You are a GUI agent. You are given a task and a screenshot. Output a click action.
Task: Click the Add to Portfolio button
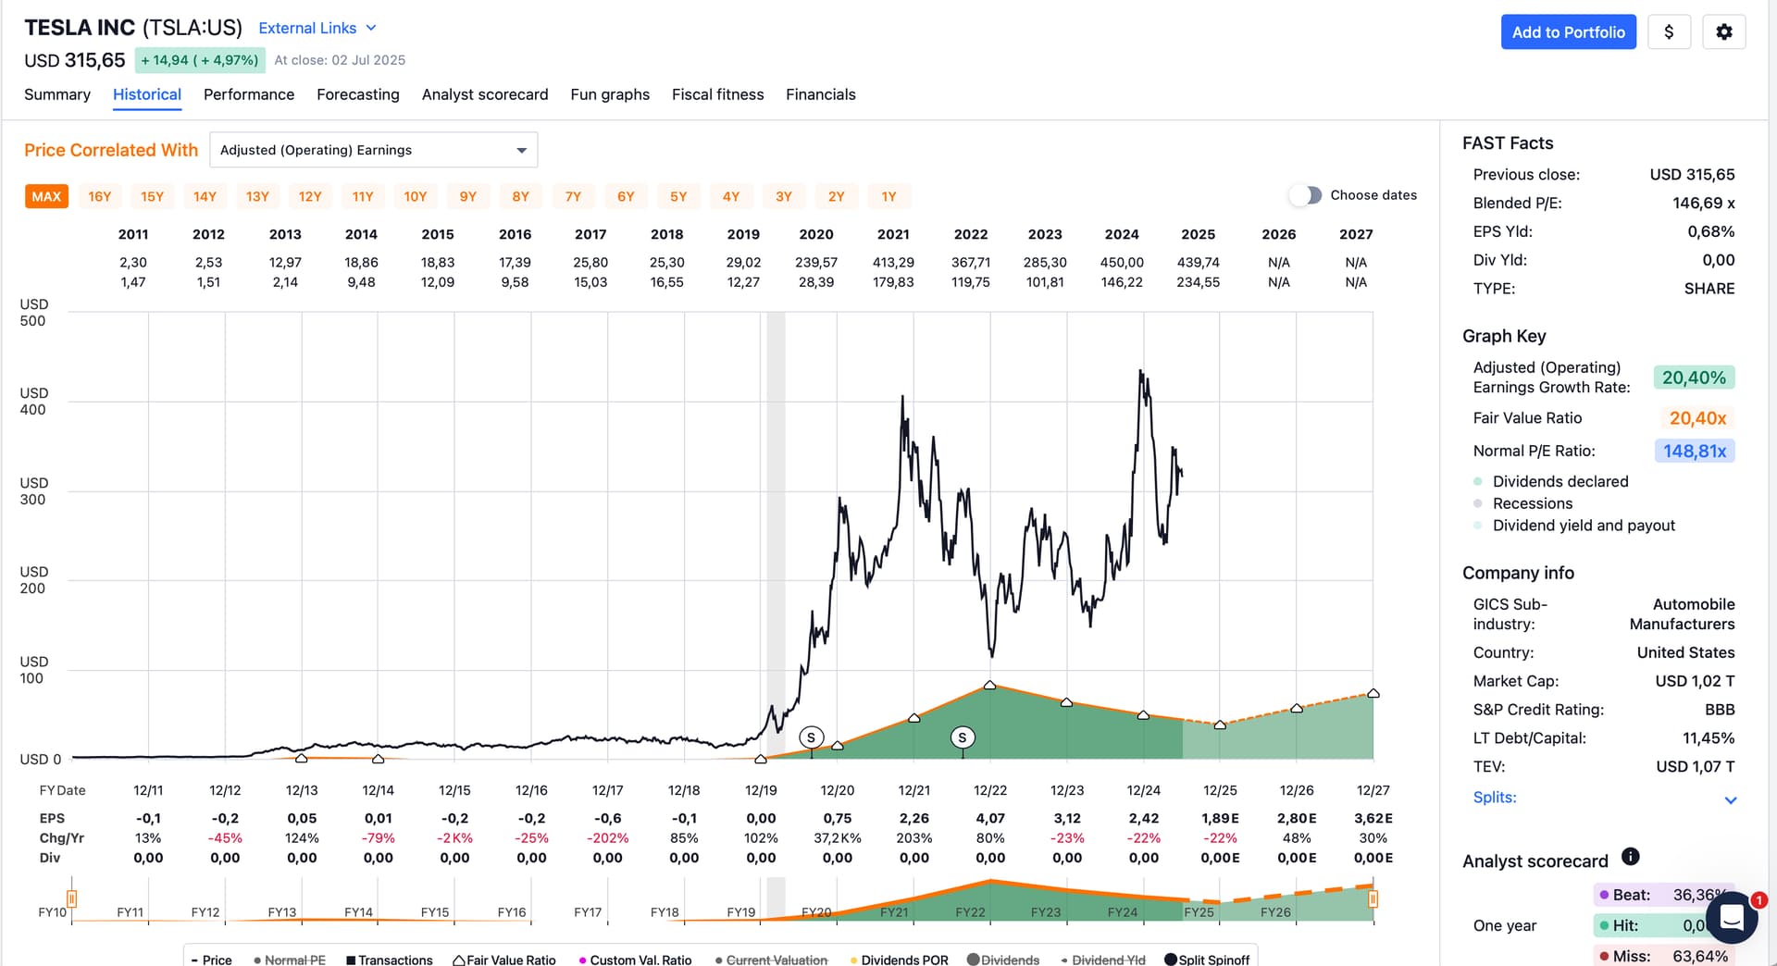coord(1568,32)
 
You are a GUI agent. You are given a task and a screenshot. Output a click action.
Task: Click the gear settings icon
coord(1723,32)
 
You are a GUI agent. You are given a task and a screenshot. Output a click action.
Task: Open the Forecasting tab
coord(358,94)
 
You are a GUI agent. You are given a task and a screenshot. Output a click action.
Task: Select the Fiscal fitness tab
coord(718,94)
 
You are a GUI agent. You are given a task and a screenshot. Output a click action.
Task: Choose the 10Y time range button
coord(416,196)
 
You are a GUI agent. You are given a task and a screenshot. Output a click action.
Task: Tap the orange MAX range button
coord(46,196)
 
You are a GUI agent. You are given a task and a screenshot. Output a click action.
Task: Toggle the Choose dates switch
coord(1305,195)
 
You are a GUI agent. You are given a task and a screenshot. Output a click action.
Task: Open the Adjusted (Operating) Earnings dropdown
coord(374,150)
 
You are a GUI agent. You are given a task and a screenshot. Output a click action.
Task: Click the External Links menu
coord(317,29)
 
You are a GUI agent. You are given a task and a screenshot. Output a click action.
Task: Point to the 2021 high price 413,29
coord(893,263)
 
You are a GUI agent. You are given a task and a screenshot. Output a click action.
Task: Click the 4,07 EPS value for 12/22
coord(990,819)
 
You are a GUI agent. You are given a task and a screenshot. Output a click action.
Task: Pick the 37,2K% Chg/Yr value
coord(838,838)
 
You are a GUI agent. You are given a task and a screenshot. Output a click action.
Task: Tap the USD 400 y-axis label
coord(33,402)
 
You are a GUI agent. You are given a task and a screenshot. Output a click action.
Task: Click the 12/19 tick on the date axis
coord(761,790)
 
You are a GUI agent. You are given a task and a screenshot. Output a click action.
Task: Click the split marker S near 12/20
coord(811,737)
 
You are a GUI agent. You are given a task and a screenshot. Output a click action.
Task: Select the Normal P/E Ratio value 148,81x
coord(1694,452)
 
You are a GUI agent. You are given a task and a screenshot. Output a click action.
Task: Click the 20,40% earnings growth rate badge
coord(1694,378)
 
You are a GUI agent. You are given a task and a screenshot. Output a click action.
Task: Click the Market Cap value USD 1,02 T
coord(1695,681)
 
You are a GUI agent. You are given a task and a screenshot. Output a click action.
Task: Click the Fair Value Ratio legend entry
coord(504,960)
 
